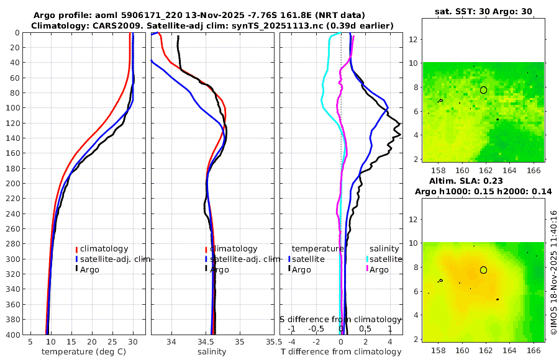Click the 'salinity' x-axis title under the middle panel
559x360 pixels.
211,352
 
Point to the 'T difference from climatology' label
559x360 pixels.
342,352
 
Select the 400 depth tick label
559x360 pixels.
13,335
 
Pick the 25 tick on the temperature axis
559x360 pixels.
112,341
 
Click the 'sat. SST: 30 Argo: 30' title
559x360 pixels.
481,11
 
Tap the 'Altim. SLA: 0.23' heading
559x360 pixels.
481,180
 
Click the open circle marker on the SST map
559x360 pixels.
483,90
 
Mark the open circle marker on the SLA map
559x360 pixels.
483,270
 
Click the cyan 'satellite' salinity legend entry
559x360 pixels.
385,259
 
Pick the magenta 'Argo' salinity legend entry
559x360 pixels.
378,269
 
